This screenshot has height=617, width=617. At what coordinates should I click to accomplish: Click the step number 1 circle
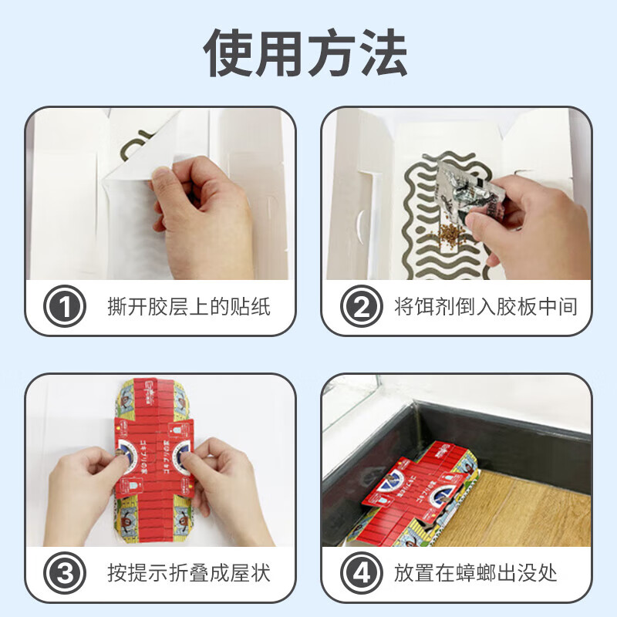click(64, 308)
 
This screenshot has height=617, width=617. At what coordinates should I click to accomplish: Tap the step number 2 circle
click(361, 308)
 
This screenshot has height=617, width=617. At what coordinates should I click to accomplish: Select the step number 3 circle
click(64, 574)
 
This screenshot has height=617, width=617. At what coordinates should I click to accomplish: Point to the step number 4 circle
click(361, 574)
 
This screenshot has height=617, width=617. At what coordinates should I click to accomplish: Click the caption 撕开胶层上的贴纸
click(189, 308)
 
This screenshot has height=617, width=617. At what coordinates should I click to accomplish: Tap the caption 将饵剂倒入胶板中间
click(485, 308)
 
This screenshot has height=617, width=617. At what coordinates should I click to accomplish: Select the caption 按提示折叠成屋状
click(189, 574)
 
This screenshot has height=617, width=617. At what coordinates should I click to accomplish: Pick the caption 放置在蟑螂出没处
click(475, 574)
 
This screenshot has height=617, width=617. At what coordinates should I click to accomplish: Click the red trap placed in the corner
click(416, 494)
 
